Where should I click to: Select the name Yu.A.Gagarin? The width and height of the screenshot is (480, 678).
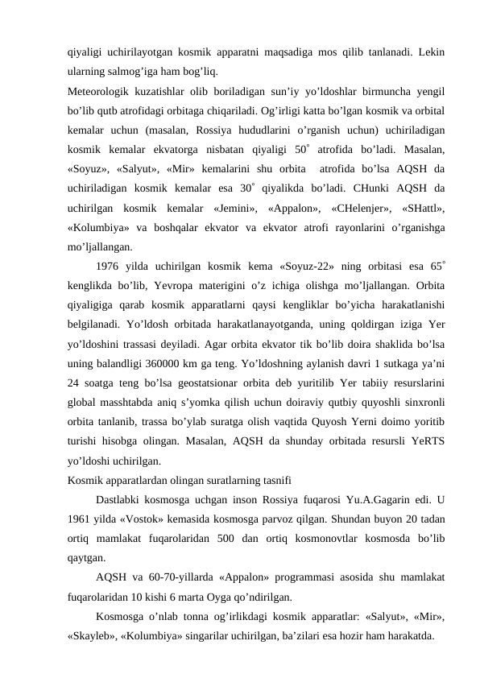(x=367, y=499)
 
